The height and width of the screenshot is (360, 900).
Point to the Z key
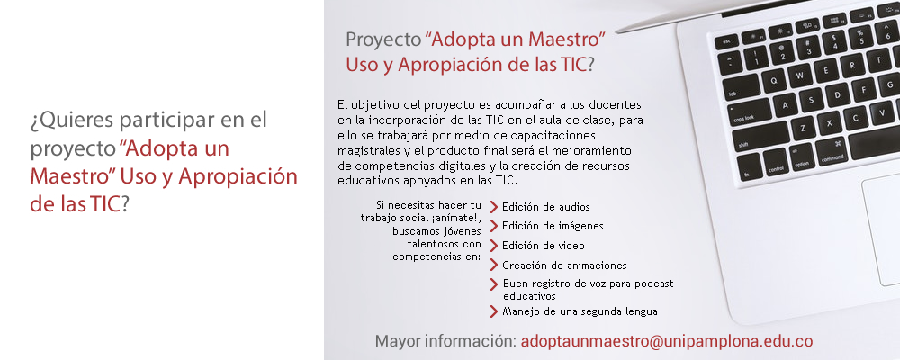[803, 128]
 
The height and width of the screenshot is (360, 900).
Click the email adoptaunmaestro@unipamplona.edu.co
[666, 340]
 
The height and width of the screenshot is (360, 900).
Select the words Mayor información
[445, 340]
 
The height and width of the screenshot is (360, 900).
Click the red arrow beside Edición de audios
[493, 207]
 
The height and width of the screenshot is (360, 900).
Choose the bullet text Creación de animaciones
[564, 265]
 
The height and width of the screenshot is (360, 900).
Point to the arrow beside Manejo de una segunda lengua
[493, 311]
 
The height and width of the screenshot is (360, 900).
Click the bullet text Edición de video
[543, 246]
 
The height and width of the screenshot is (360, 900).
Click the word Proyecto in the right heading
[383, 40]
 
